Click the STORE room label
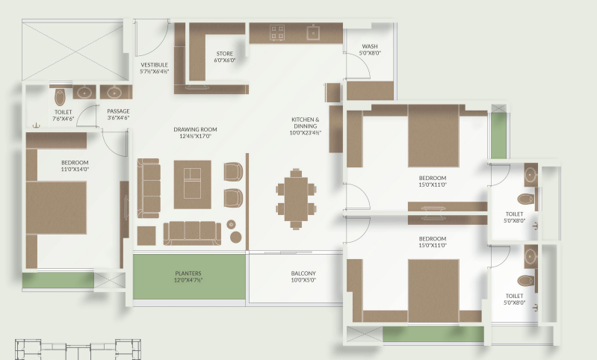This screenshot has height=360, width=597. tap(225, 57)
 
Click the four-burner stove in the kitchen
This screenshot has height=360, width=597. tap(277, 32)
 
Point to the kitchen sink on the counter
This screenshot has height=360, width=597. tap(313, 33)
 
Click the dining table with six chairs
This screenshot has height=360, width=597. tap(296, 199)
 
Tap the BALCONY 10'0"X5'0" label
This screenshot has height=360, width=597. tap(303, 276)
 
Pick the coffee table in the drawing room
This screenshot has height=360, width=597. tap(192, 184)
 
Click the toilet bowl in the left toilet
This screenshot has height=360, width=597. tap(60, 97)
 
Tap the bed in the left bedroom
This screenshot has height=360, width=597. tap(56, 208)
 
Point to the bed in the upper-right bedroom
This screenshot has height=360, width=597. tap(433, 135)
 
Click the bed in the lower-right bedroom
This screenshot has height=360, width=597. tap(433, 291)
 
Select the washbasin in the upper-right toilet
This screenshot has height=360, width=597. tap(531, 175)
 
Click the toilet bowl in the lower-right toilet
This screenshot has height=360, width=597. tap(526, 281)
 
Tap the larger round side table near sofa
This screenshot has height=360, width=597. tap(235, 237)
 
